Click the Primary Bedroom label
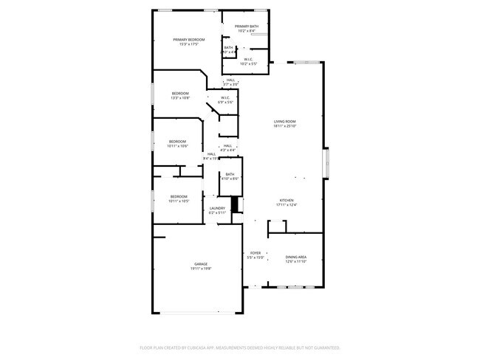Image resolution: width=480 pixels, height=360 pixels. pos(188,39)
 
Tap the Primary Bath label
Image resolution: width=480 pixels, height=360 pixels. pos(247,26)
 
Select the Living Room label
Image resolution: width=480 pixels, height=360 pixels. pos(285,121)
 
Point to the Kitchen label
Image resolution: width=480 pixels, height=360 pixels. pos(286,200)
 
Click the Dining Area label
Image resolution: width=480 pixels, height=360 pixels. pos(295,256)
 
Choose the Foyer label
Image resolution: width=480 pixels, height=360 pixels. pos(254,252)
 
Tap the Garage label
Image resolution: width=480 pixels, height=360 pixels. pos(201,263)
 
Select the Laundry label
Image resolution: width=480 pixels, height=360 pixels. pos(217,208)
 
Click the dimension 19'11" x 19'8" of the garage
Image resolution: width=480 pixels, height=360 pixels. pos(201,269)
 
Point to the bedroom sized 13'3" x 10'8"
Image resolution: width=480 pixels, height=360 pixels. pos(180,94)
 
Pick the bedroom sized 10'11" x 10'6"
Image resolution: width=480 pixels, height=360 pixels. pos(177,142)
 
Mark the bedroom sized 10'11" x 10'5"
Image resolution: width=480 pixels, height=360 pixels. pos(177,196)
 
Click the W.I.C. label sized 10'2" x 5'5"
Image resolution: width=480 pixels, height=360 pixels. pos(248,60)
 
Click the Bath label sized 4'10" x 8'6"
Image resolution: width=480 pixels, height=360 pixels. pos(230,174)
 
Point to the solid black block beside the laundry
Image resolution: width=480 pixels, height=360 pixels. pos(236,204)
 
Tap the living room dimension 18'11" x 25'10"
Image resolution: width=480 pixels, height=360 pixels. pos(285,126)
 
